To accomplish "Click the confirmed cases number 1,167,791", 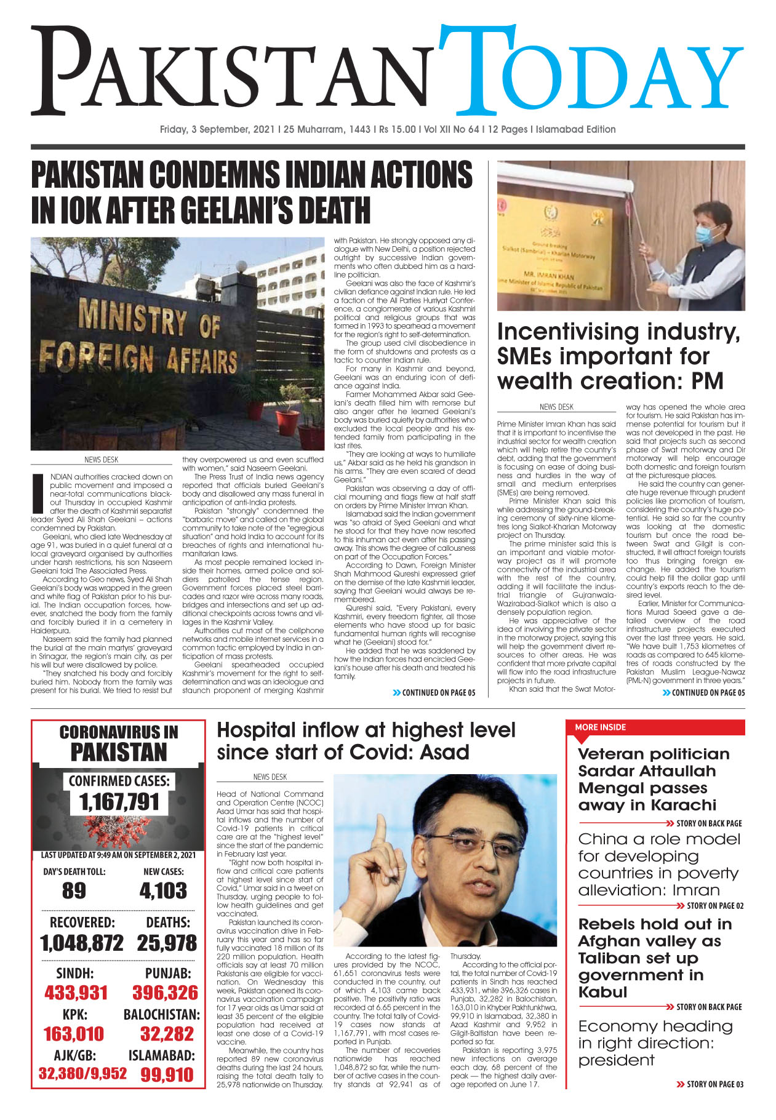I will coord(119,802).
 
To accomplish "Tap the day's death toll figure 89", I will coord(74,890).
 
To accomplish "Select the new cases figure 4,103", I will coord(163,890).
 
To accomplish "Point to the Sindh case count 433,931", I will coord(76,993).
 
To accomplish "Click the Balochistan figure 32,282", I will coord(167,1034).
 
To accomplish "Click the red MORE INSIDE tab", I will coord(600,727).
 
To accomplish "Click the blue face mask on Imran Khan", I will coord(705,234).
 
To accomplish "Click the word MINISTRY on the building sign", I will coord(130,319).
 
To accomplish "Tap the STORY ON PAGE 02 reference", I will coord(714,906).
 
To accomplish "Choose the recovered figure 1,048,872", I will coord(82,943).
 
